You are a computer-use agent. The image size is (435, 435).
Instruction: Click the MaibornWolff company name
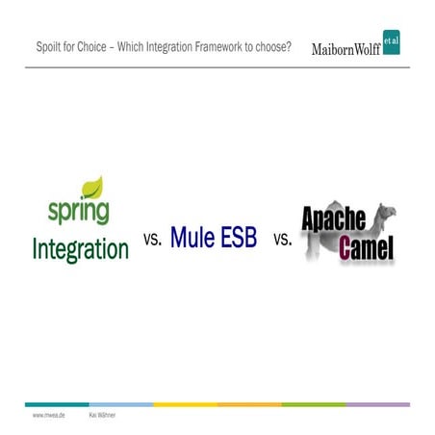pos(345,49)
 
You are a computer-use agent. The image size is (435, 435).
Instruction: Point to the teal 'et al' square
pos(391,43)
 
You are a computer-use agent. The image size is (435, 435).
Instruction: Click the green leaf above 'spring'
pos(94,187)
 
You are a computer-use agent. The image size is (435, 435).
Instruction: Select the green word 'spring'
pos(78,211)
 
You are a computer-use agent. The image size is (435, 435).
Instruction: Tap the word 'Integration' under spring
pos(80,248)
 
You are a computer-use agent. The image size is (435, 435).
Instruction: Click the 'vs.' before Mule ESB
pos(152,240)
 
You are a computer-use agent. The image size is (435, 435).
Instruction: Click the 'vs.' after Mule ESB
pos(283,240)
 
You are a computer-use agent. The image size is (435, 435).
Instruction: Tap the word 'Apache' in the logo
pos(334,219)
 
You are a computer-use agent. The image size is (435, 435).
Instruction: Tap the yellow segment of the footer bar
pos(185,404)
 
